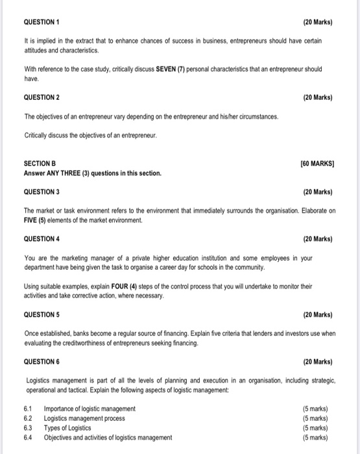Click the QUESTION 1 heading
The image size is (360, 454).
[42, 21]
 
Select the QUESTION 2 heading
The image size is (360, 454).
[42, 97]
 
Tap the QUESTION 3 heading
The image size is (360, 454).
[42, 192]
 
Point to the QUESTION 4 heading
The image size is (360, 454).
[42, 239]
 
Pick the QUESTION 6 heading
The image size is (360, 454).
[42, 361]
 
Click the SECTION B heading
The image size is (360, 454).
[42, 165]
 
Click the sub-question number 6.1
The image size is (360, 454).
[28, 409]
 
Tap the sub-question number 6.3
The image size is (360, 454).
[28, 428]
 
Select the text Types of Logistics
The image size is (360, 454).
[68, 428]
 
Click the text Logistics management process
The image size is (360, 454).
[84, 418]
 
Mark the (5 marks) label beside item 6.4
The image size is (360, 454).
[315, 438]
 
